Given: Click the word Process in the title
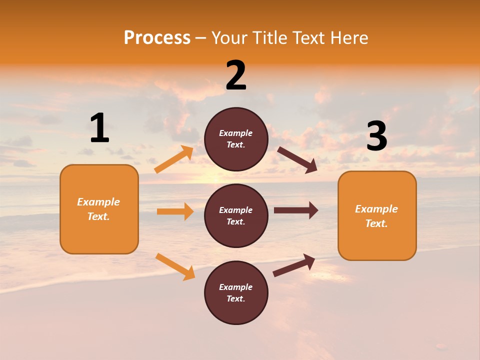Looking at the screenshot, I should (157, 38).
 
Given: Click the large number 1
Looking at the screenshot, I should (99, 128).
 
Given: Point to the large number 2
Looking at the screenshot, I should (236, 75).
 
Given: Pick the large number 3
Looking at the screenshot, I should (376, 136).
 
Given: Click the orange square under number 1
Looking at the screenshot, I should (99, 209).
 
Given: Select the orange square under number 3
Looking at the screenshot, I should (377, 215).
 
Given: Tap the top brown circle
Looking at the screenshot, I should (236, 139).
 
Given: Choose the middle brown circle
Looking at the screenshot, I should (236, 215).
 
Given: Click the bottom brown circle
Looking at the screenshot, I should (236, 292).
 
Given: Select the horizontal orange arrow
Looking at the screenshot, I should (175, 211).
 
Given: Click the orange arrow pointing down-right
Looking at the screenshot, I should (175, 266).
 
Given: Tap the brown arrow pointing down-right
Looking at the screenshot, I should (297, 159).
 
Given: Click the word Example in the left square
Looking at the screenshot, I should (98, 202).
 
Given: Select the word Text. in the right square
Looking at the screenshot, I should (376, 223).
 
